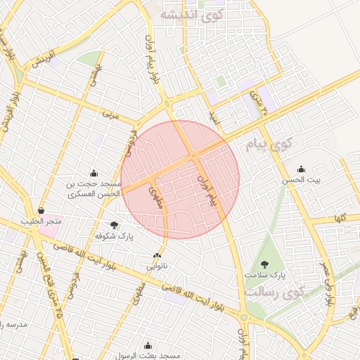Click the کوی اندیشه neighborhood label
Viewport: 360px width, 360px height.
[x=192, y=14]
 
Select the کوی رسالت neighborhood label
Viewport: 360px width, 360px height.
[x=274, y=290]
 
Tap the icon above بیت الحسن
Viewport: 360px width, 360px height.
[x=302, y=168]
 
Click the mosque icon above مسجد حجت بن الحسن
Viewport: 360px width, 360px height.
[x=94, y=172]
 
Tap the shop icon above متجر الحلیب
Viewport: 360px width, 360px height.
[x=41, y=210]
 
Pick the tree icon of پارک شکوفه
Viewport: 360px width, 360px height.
[x=115, y=224]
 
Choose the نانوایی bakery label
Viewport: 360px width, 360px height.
[x=157, y=267]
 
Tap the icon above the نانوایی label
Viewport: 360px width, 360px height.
[x=157, y=256]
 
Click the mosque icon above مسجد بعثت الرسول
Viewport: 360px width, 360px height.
[x=148, y=345]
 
